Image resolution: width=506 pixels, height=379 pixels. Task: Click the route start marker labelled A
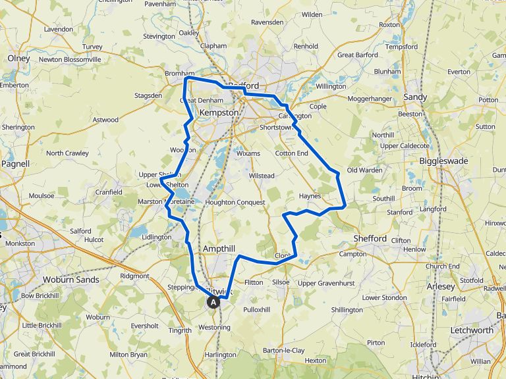(213, 302)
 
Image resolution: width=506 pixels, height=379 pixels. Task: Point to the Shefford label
(370, 238)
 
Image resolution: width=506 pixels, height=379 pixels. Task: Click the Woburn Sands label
(70, 280)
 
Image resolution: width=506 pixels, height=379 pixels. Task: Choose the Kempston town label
(218, 113)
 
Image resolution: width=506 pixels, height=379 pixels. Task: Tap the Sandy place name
(415, 97)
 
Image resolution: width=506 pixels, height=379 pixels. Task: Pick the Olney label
(18, 59)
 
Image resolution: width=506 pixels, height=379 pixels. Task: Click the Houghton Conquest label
(235, 202)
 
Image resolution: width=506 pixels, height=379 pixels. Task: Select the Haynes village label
(309, 196)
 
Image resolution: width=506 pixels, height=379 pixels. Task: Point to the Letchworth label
(472, 330)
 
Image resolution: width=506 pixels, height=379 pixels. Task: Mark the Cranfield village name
(109, 192)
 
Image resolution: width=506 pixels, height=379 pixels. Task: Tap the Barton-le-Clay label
(284, 350)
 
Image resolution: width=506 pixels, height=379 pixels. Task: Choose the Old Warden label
(364, 170)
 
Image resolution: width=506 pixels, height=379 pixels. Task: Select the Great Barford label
(358, 55)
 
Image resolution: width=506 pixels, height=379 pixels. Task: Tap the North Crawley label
(67, 153)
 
